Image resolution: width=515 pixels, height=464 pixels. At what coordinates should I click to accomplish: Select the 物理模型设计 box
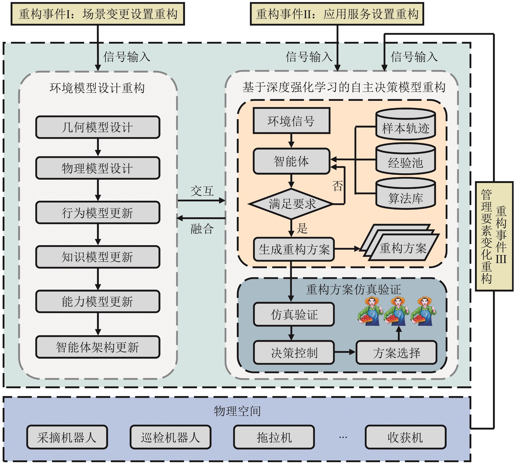pos(98,168)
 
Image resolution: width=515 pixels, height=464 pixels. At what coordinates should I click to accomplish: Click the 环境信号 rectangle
pos(291,121)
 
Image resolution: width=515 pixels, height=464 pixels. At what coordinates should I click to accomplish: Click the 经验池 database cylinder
pos(406,159)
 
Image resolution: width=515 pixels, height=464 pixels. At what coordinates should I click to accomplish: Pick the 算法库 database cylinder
pos(406,194)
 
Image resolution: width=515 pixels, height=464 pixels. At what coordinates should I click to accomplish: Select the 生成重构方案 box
pos(294,249)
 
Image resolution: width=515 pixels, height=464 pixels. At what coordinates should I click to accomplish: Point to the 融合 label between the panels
pos(202,229)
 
